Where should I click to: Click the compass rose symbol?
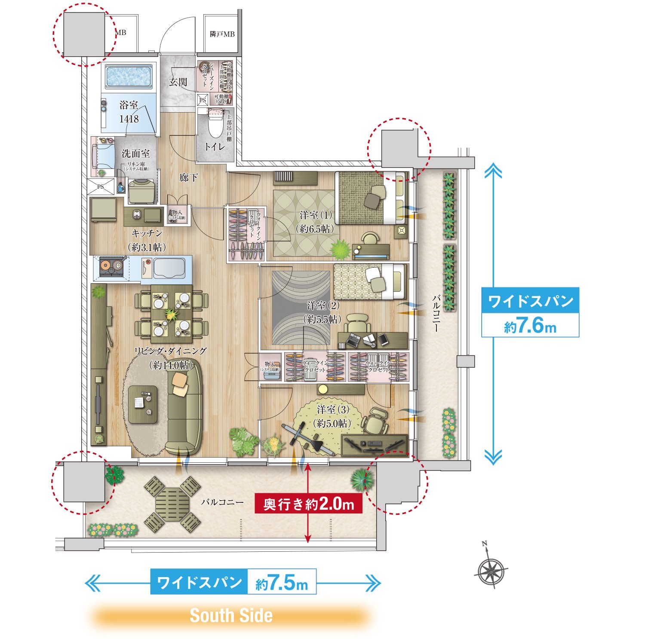pos(491,572)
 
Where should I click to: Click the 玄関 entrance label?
pos(178,82)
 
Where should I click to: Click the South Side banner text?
pos(231,615)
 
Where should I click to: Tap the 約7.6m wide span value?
pos(530,326)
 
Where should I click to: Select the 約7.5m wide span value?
pos(282,583)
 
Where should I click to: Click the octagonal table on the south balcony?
pos(172,504)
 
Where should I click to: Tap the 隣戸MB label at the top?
pos(222,34)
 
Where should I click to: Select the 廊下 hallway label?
pos(188,177)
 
